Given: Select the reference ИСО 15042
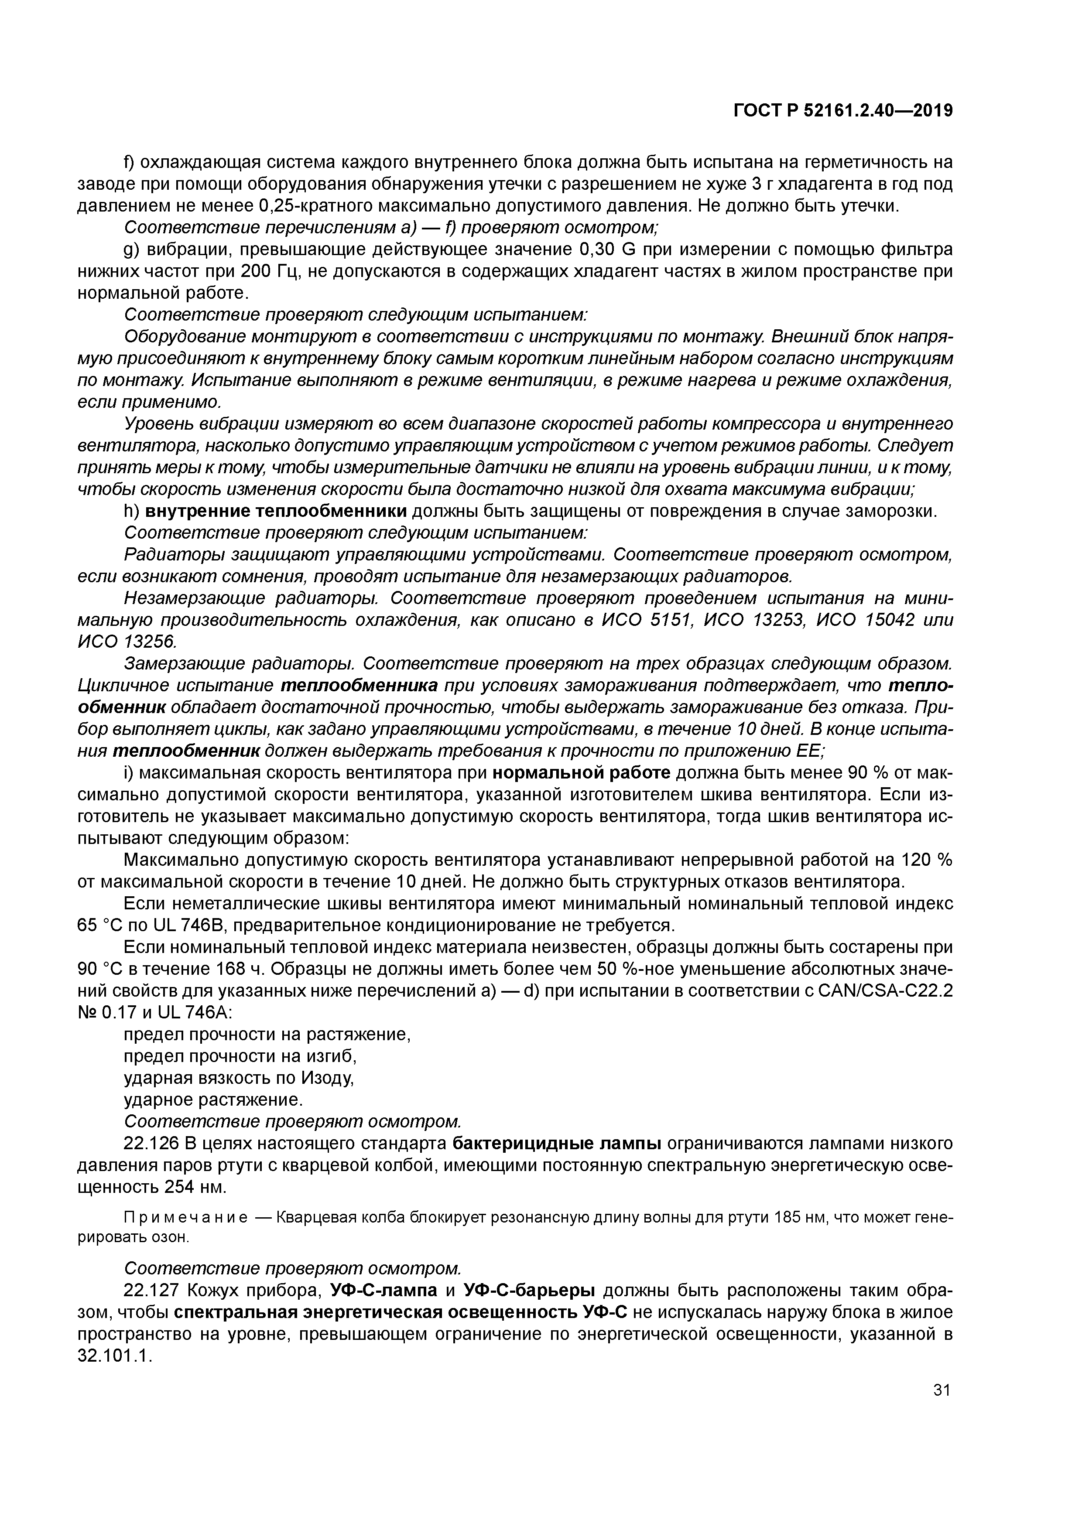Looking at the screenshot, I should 865,620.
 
